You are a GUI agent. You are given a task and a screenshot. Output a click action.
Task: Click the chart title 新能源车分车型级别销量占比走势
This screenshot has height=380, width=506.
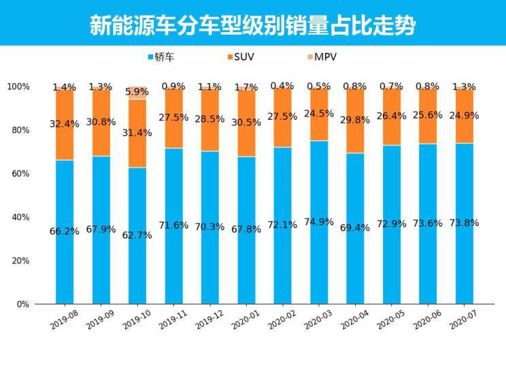click(x=252, y=25)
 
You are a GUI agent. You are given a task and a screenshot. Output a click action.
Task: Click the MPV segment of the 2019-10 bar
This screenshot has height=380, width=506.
click(x=137, y=93)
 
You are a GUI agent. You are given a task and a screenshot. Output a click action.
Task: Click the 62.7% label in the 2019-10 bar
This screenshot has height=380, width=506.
click(x=138, y=235)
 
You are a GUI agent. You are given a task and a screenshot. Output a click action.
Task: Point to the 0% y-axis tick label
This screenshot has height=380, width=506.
click(x=22, y=304)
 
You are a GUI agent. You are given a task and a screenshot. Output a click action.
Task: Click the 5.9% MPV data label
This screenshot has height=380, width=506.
click(x=138, y=91)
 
